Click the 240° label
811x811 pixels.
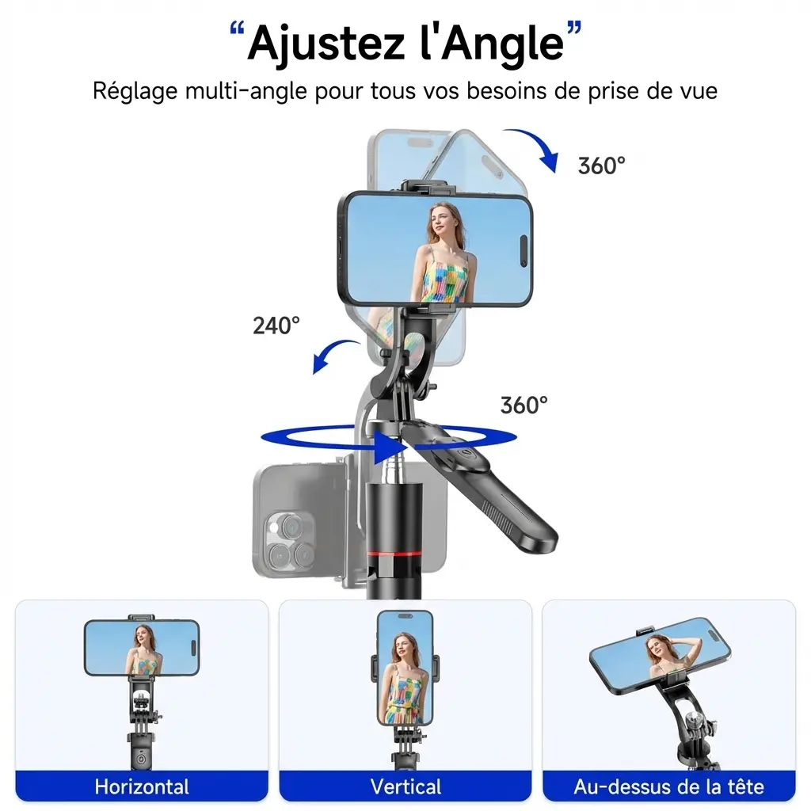click(x=276, y=325)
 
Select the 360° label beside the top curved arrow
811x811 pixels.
click(x=601, y=166)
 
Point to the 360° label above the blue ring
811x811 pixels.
click(x=524, y=405)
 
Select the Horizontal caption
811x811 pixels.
click(x=142, y=786)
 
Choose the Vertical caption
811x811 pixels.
click(x=405, y=786)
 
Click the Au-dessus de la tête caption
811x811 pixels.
click(x=668, y=786)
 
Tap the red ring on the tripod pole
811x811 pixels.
click(x=396, y=551)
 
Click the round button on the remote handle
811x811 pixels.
click(x=464, y=458)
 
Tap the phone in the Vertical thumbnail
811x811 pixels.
click(x=405, y=667)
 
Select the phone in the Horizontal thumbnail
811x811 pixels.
click(x=142, y=646)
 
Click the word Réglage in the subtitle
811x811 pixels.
click(x=135, y=89)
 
